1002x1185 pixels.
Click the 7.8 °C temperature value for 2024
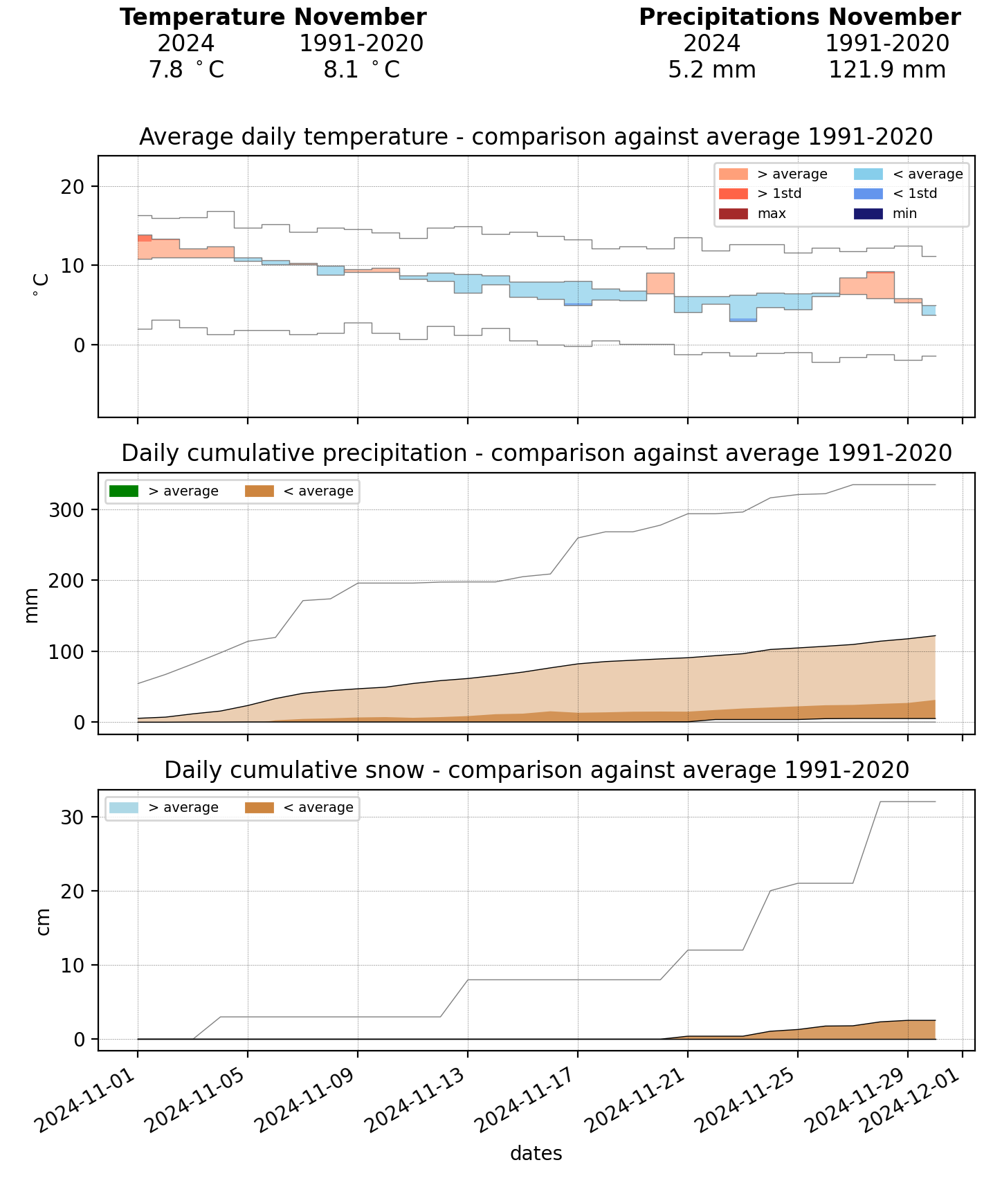(x=186, y=70)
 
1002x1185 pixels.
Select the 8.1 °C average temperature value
(x=361, y=70)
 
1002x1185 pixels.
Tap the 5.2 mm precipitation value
(x=712, y=70)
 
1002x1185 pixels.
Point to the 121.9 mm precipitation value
(x=887, y=70)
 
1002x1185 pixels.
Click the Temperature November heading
(x=273, y=17)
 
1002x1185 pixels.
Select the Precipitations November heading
(x=799, y=17)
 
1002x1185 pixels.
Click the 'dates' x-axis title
(x=536, y=1154)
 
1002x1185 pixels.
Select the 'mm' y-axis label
(x=32, y=605)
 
